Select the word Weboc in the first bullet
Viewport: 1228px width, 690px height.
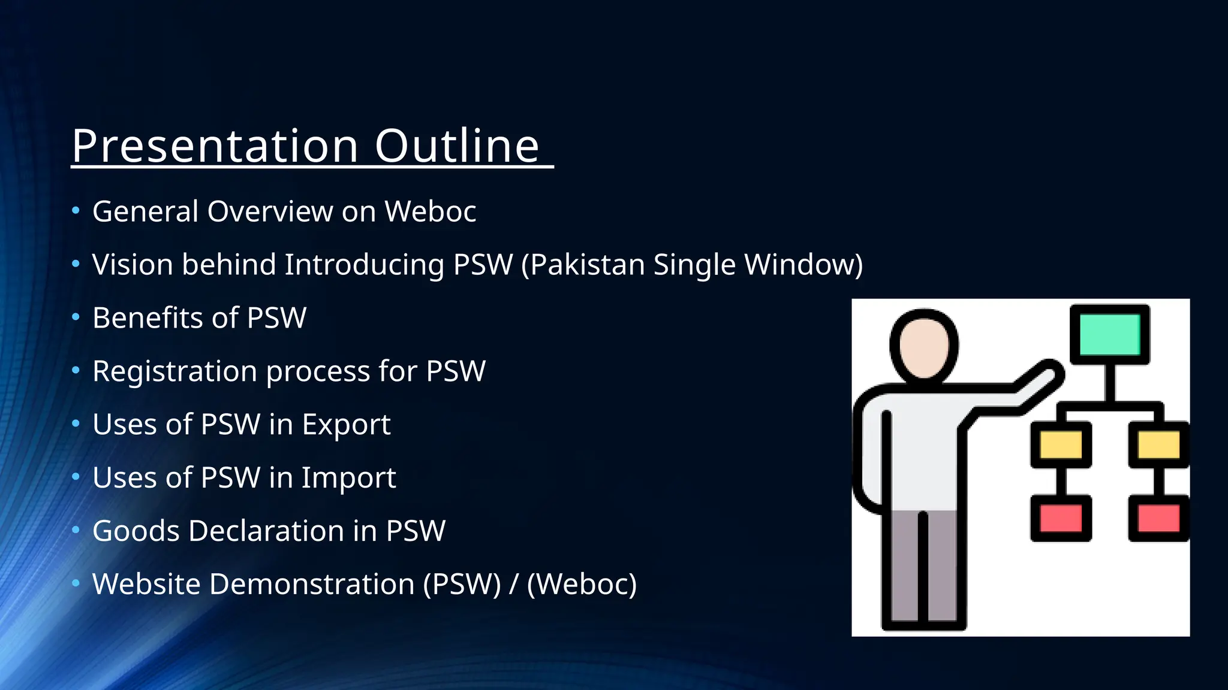(x=430, y=211)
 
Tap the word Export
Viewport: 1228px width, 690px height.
(x=346, y=425)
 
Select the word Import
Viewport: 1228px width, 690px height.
(x=348, y=478)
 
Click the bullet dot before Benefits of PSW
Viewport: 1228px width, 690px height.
(x=76, y=317)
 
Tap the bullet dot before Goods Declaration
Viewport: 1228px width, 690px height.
(x=76, y=530)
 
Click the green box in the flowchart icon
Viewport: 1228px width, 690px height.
(x=1110, y=334)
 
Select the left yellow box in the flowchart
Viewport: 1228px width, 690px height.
(x=1061, y=445)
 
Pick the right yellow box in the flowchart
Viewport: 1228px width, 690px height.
(x=1158, y=445)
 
